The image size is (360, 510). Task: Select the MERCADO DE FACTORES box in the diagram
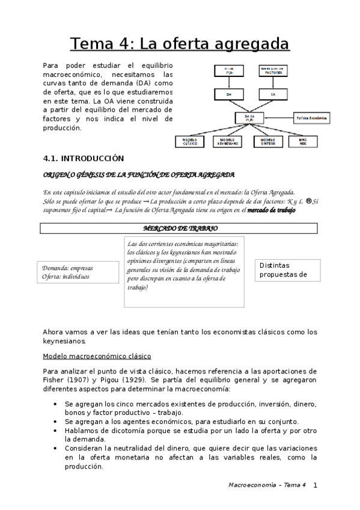(x=273, y=72)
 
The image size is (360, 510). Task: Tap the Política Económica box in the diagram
(x=311, y=118)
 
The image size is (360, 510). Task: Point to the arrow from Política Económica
(x=284, y=118)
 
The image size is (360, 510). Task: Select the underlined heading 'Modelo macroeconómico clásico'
(x=97, y=356)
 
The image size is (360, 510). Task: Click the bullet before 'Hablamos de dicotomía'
(x=56, y=431)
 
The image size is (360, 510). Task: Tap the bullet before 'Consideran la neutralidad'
(x=56, y=448)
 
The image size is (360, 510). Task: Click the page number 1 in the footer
(x=315, y=485)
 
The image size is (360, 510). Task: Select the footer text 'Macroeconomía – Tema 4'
(x=267, y=485)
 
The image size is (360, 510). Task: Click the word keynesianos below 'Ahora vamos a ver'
(x=64, y=340)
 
